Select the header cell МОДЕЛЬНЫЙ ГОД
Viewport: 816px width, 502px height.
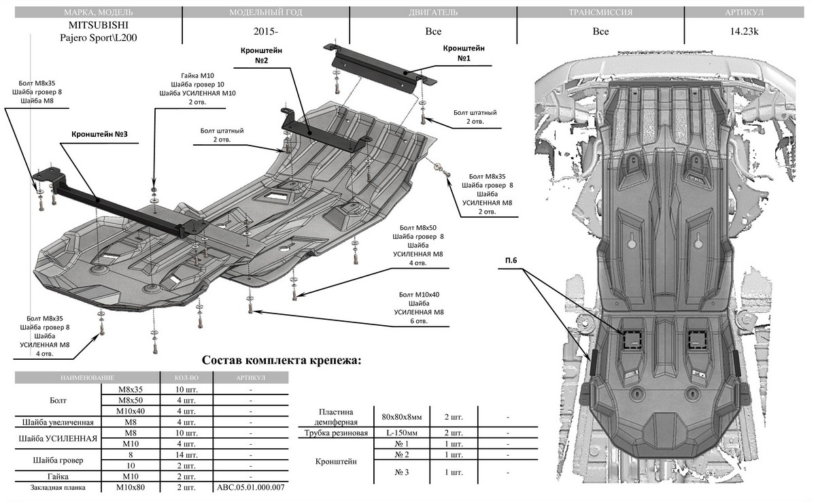266,13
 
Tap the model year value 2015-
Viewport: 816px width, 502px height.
266,31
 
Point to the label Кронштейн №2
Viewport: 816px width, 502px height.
262,55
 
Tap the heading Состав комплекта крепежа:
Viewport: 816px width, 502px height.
282,360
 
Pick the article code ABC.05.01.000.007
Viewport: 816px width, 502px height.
250,488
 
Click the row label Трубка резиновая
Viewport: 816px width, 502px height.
338,433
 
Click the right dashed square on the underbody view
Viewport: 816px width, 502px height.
697,339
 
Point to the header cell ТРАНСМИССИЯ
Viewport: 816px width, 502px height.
600,13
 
